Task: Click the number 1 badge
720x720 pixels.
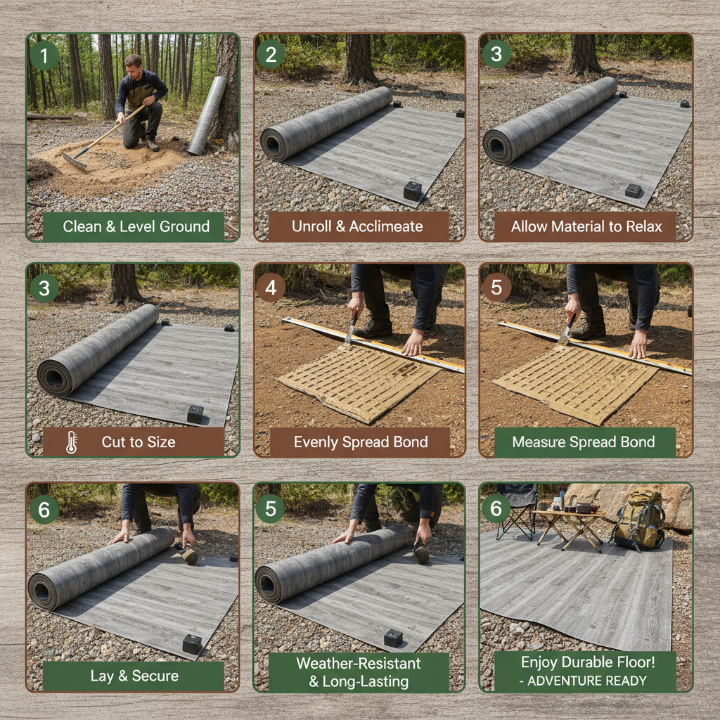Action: [x=44, y=56]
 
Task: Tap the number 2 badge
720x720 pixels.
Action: [x=271, y=54]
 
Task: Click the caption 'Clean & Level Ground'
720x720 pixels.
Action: [x=136, y=226]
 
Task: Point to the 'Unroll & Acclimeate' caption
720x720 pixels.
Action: [x=357, y=226]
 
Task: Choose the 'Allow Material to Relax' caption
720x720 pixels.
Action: [x=584, y=226]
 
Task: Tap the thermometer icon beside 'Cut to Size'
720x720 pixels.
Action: [x=71, y=442]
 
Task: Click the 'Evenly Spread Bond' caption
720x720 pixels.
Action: [x=360, y=442]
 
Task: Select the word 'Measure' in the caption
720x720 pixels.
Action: [x=538, y=442]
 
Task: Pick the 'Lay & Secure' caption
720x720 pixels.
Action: [x=134, y=676]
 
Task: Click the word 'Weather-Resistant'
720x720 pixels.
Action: [x=359, y=663]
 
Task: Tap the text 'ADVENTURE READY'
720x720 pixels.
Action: [x=586, y=681]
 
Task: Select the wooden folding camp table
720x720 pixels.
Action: [x=570, y=524]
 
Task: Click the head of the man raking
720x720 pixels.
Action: [x=133, y=65]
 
